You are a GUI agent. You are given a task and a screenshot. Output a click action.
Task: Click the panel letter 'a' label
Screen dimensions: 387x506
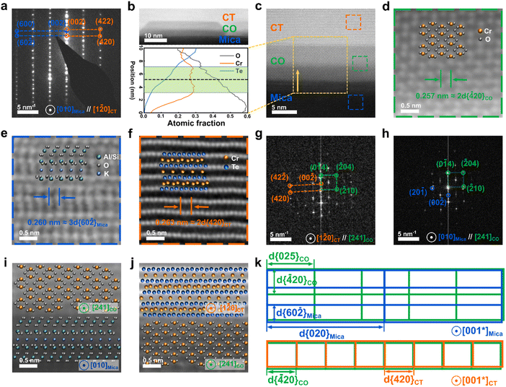[6, 6]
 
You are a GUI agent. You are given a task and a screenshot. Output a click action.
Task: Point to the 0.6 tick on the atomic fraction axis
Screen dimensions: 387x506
[249, 116]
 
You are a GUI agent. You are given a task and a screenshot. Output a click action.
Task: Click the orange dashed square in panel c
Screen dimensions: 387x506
[353, 22]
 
